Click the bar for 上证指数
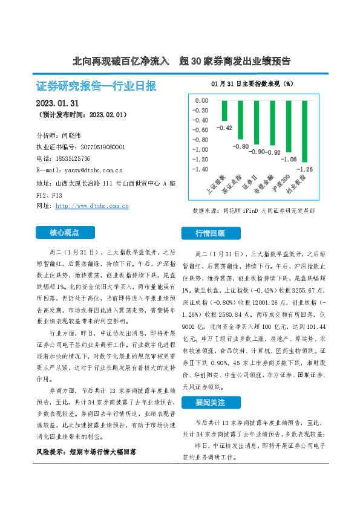pyautogui.click(x=224, y=111)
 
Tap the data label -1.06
pyautogui.click(x=289, y=159)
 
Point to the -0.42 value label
pyautogui.click(x=224, y=127)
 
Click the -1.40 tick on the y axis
pyautogui.click(x=198, y=169)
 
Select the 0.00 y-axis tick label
pyautogui.click(x=200, y=101)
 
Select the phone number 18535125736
pyautogui.click(x=82, y=158)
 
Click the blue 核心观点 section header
pyautogui.click(x=64, y=232)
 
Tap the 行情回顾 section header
pyautogui.click(x=210, y=233)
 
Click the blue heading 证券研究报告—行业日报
pyautogui.click(x=96, y=85)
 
